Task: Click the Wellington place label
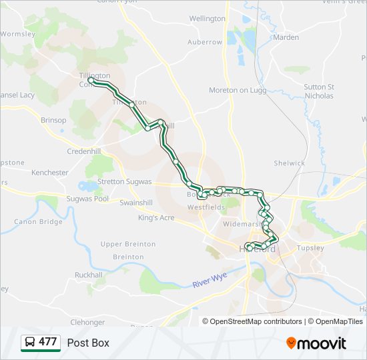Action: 208,19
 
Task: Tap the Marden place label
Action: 286,37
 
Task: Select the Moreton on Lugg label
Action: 238,90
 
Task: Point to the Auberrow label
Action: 204,42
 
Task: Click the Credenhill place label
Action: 83,151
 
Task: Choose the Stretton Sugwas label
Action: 125,181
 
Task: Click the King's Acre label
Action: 156,218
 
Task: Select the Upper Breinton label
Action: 128,245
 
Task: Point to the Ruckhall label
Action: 89,275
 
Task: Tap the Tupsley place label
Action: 310,248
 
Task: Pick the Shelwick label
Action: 289,163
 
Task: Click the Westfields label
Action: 206,207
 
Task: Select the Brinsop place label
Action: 53,120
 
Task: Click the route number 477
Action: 47,342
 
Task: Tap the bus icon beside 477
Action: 30,343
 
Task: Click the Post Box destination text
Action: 88,343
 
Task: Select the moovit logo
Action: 316,343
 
